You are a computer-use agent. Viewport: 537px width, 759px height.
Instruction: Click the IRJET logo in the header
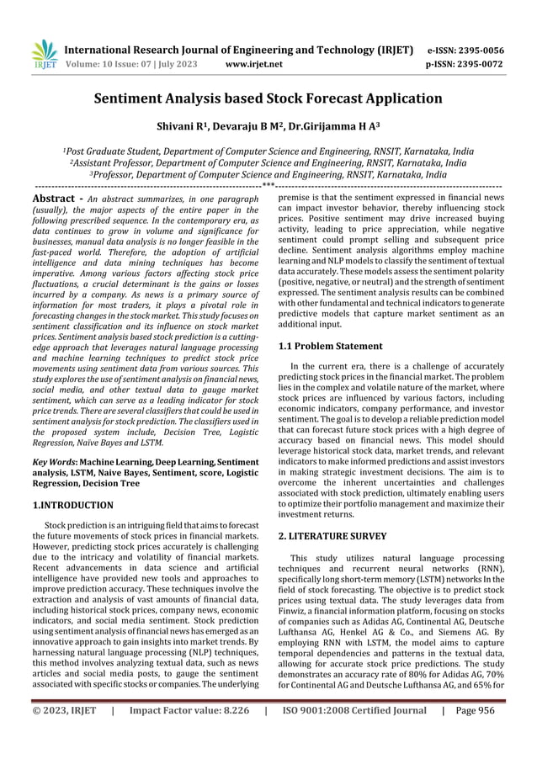pyautogui.click(x=43, y=54)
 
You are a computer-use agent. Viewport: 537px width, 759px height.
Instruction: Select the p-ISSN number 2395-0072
pyautogui.click(x=490, y=63)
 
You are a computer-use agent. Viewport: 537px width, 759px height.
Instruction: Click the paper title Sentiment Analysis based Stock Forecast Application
pyautogui.click(x=268, y=98)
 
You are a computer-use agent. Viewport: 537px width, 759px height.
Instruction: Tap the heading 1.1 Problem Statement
pyautogui.click(x=330, y=346)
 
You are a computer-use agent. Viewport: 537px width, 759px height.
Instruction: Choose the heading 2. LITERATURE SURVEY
pyautogui.click(x=332, y=535)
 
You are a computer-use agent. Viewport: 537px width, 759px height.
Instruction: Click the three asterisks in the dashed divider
pyautogui.click(x=268, y=185)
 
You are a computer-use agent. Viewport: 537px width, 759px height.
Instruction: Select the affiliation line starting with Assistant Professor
pyautogui.click(x=268, y=163)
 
